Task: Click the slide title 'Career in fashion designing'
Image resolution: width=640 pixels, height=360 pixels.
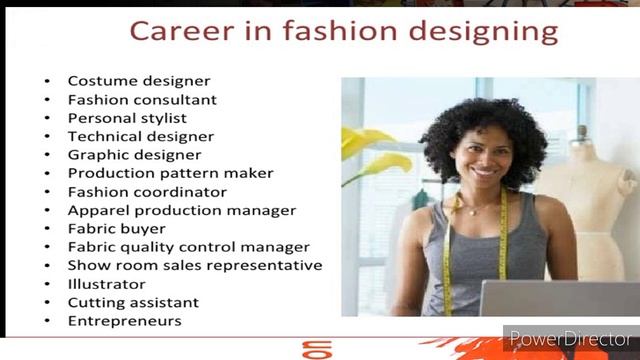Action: pos(344,30)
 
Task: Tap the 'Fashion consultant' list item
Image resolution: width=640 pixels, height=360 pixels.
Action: pos(142,100)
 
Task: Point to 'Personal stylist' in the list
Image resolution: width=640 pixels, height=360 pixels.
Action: pos(127,118)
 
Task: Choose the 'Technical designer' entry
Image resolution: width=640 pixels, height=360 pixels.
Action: pos(140,136)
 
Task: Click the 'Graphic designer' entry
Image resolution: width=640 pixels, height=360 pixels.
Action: pos(134,155)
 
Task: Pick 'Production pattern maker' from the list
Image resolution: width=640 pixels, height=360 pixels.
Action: pos(170,173)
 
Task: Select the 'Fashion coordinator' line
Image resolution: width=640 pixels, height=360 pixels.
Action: pos(147,192)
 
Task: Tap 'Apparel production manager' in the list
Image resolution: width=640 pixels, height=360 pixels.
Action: pos(182,210)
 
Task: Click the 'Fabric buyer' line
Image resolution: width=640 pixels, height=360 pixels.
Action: pos(116,229)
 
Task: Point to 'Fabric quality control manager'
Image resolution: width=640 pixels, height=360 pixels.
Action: pos(188,247)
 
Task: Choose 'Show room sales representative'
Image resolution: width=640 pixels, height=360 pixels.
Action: pos(194,265)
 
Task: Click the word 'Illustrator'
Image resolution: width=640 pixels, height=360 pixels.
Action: pos(106,284)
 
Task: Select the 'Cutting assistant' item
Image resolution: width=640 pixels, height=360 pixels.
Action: pos(133,302)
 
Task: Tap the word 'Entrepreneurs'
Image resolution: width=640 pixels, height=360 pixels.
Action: pos(124,321)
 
